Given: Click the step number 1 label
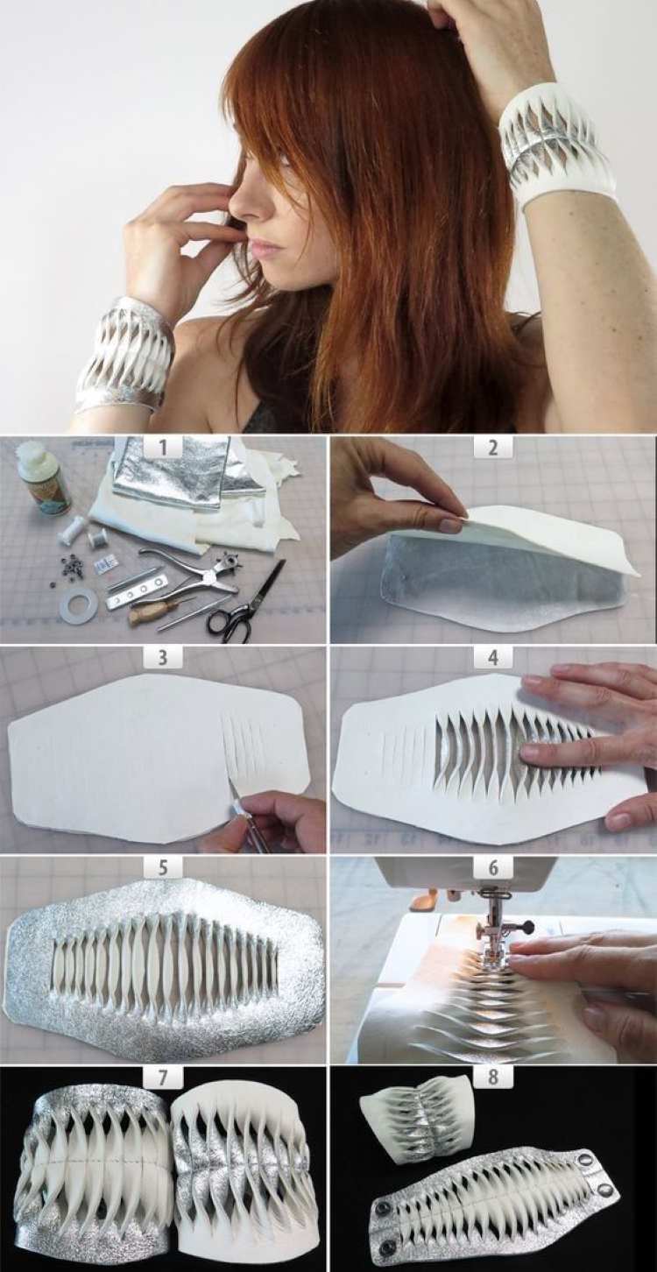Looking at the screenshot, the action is coord(164,448).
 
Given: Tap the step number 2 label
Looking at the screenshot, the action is coord(492,448).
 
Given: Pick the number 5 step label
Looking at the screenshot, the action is coord(164,866).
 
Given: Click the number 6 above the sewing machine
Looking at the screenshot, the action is coord(492,866).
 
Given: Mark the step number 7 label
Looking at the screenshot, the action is coord(164,1076).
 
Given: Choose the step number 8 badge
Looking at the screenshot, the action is coord(492,1076).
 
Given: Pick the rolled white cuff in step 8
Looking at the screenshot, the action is coord(423,1124).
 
